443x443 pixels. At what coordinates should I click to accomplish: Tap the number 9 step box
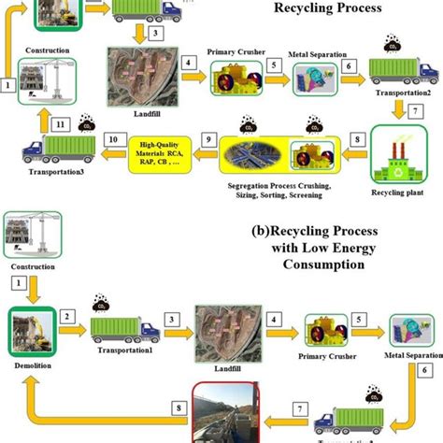tap(208, 139)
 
